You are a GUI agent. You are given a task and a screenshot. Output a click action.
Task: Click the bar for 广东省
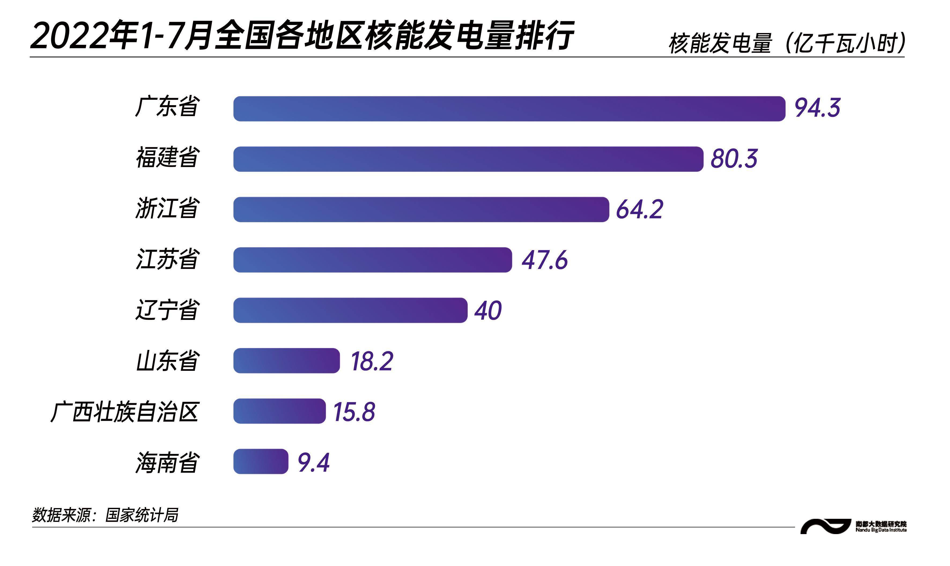tap(509, 109)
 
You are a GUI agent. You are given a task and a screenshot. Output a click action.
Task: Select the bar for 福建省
tap(468, 159)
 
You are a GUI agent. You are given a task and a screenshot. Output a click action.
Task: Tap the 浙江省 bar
tap(421, 209)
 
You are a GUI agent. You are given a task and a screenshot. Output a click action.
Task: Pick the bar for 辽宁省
tap(350, 310)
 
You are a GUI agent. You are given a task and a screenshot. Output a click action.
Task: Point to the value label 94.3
tap(817, 108)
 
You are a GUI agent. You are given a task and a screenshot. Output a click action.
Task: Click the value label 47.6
tap(545, 260)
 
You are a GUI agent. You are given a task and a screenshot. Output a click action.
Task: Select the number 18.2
tap(372, 361)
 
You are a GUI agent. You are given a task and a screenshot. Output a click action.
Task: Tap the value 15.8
tap(354, 412)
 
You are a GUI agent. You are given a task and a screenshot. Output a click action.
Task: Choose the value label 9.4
tap(313, 463)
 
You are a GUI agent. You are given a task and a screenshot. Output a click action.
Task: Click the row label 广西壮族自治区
tap(124, 412)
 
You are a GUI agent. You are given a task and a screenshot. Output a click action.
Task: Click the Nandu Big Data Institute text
tap(881, 530)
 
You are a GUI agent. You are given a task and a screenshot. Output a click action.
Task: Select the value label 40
tap(488, 310)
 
